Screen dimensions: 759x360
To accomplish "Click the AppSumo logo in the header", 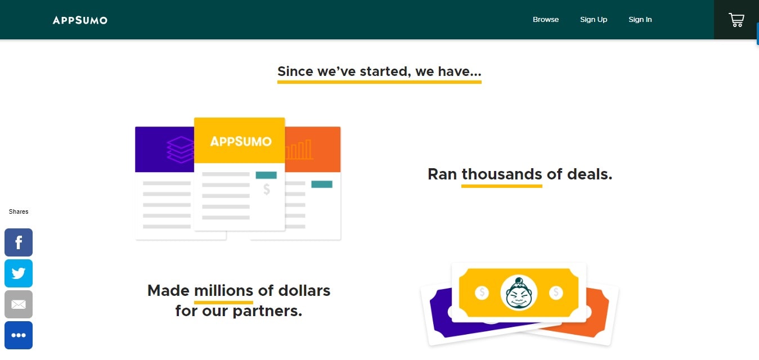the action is (x=80, y=20).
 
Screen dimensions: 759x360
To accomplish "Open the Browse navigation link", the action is (x=546, y=20).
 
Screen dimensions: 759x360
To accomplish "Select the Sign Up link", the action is (x=594, y=20).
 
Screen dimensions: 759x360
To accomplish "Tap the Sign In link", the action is (x=640, y=20).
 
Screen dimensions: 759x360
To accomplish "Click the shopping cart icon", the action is (x=736, y=20).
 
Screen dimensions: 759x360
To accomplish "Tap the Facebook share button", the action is (x=19, y=242).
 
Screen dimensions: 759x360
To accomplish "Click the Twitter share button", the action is (x=19, y=273).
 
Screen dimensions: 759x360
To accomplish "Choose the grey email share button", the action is (x=19, y=304).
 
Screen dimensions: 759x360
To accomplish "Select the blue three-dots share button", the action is (x=19, y=335).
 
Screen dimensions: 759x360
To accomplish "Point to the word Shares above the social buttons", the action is (x=19, y=211).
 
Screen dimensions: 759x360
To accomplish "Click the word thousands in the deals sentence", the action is (x=502, y=174).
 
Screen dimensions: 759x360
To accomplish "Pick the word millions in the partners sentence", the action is (x=223, y=291).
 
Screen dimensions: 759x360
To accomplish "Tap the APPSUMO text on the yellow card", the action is (x=241, y=141).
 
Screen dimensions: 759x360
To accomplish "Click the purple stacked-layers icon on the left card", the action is (x=181, y=150).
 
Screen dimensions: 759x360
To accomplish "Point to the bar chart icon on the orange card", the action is (x=299, y=150).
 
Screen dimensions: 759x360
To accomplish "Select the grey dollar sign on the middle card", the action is (x=267, y=190).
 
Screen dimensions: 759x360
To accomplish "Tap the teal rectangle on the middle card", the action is (x=266, y=175).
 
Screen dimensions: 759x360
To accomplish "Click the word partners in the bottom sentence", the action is (x=267, y=311).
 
